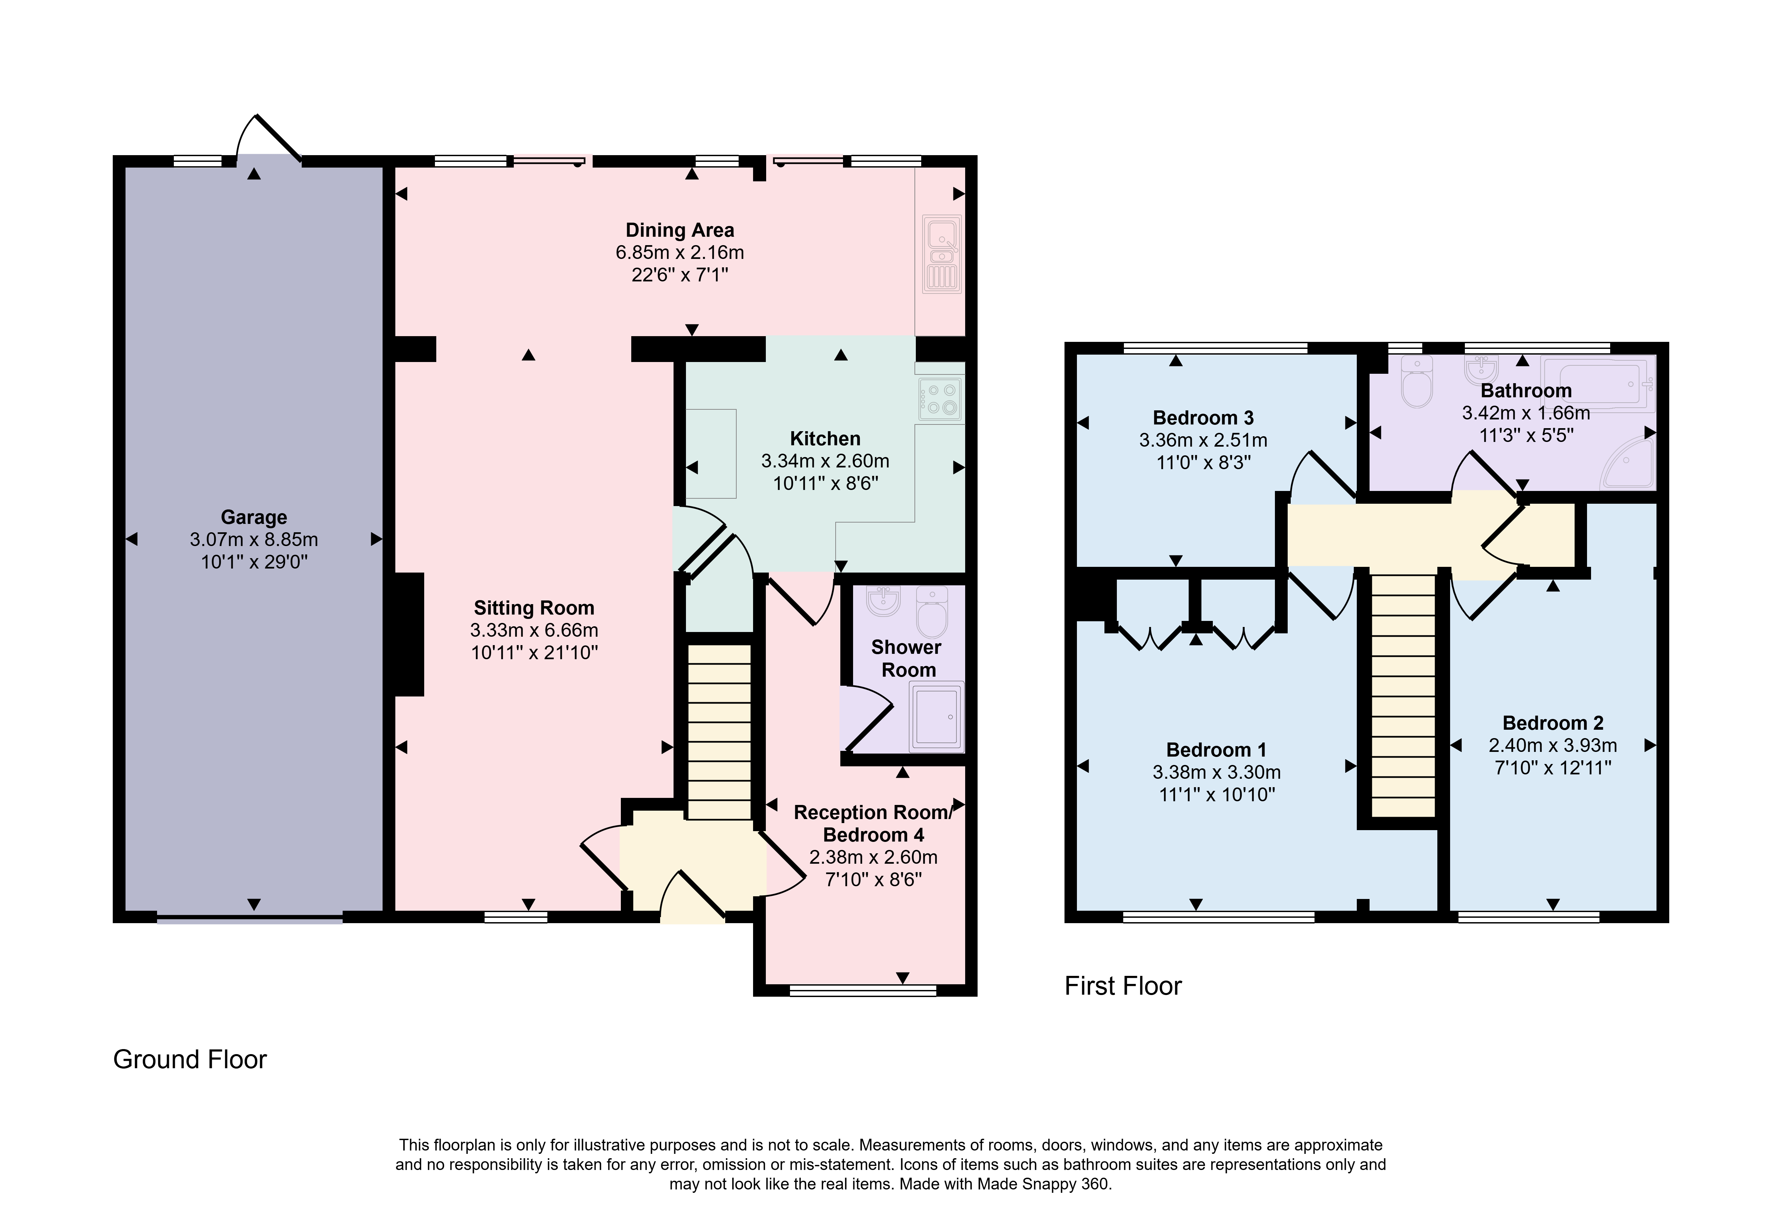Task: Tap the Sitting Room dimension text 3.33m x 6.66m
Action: coord(535,630)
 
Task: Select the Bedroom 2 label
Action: coord(1553,723)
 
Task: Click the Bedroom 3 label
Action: coord(1203,418)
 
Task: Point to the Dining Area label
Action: coord(679,230)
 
